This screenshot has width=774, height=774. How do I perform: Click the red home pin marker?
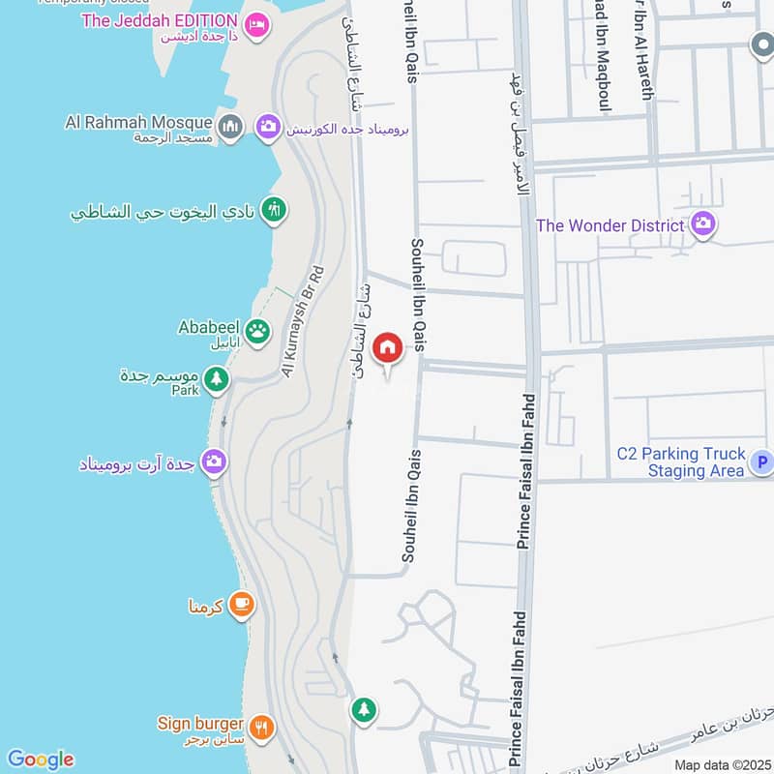click(388, 347)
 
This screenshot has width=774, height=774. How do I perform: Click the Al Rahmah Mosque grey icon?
click(230, 127)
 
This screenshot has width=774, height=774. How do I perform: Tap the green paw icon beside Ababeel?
click(257, 333)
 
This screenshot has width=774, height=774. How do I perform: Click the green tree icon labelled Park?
click(217, 379)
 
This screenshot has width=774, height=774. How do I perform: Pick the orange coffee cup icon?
click(242, 606)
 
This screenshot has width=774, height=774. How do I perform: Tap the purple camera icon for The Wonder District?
click(703, 224)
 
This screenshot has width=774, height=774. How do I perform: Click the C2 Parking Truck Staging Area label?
click(682, 461)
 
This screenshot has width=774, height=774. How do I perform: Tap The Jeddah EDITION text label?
click(160, 20)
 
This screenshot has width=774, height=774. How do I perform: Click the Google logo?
click(40, 759)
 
